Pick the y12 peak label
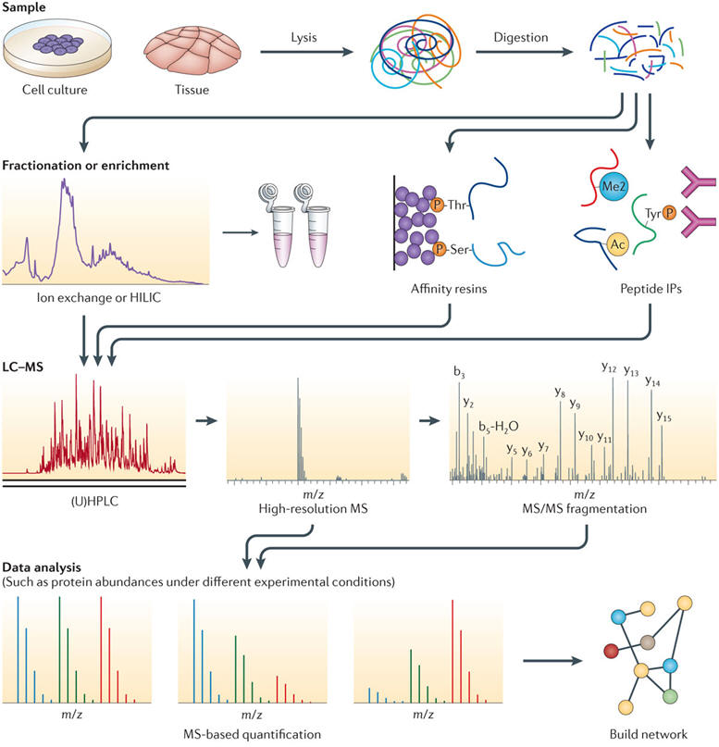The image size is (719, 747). pos(609,367)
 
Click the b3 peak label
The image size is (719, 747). pos(459,372)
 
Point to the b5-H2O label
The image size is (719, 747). pos(499,426)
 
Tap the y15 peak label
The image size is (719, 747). pos(663,417)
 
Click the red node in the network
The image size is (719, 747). pos(611,650)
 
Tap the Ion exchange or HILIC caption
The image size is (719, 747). pos(94,298)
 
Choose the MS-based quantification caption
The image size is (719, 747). pos(251,734)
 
